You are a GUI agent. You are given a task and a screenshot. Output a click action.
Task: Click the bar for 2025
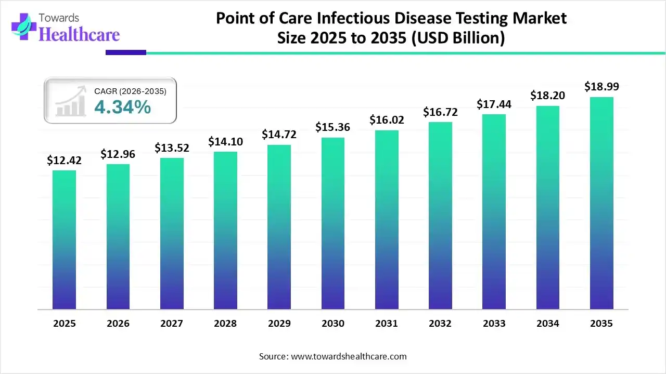tap(65, 239)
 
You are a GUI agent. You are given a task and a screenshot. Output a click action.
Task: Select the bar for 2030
tap(333, 223)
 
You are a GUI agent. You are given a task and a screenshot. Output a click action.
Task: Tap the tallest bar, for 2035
tap(601, 203)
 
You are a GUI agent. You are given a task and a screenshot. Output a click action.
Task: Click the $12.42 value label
tap(65, 161)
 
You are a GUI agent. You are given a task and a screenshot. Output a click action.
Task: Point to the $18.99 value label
tap(601, 87)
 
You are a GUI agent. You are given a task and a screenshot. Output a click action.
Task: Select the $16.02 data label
tap(387, 120)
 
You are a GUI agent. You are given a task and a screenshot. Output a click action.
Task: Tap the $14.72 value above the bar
tap(279, 135)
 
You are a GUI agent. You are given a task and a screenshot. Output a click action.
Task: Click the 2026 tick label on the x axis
tap(118, 324)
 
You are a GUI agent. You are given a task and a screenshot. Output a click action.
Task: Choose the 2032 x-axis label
tap(440, 324)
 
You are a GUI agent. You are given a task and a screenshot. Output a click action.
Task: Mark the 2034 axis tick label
tap(548, 324)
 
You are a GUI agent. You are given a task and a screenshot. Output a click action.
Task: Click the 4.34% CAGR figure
tap(122, 107)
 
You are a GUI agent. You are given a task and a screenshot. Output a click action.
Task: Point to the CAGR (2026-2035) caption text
tap(130, 91)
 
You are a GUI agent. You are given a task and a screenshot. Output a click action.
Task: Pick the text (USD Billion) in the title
tap(458, 39)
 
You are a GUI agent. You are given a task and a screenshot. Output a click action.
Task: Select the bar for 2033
tap(494, 211)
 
